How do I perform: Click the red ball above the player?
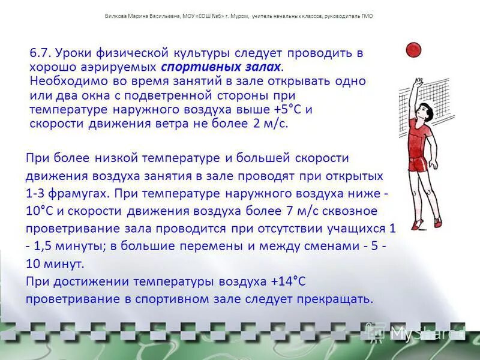[x=413, y=49]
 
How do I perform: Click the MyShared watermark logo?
[x=420, y=331]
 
